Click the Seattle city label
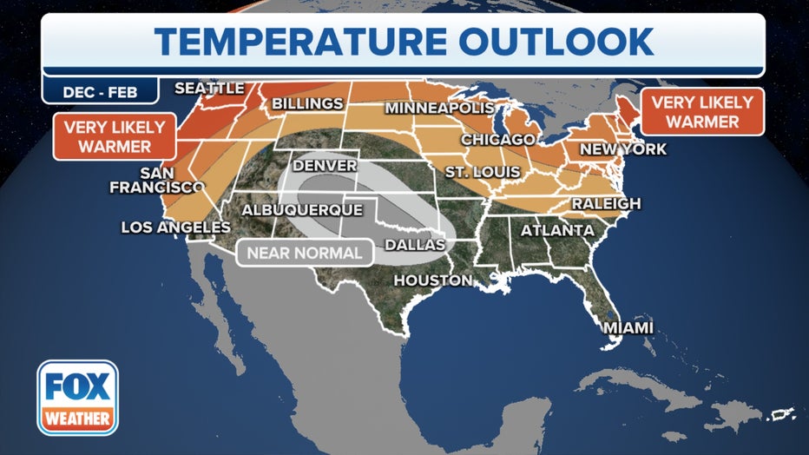point(209,89)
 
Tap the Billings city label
point(307,104)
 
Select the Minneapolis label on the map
point(439,109)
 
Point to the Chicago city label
point(497,140)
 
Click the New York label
point(623,149)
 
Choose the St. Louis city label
point(482,173)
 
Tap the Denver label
point(326,166)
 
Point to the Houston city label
point(433,280)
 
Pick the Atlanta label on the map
point(557,231)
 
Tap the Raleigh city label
point(606,204)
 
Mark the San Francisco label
point(156,179)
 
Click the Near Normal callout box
point(305,254)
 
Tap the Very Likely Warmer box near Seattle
point(115,136)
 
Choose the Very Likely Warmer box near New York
point(703,111)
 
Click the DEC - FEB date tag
point(101,90)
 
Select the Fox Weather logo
point(77,397)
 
